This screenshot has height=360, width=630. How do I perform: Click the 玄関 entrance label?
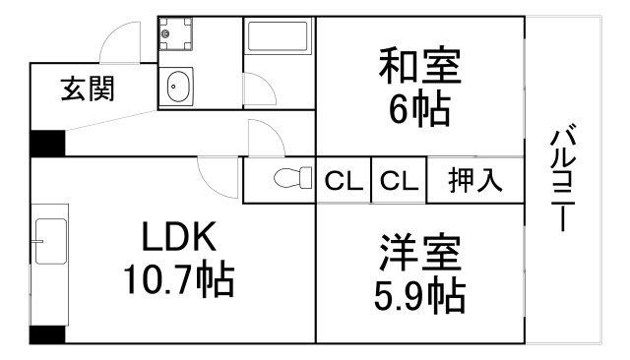[88, 90]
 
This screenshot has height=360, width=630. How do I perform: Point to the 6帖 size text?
[420, 107]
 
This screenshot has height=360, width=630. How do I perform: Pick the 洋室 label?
[420, 254]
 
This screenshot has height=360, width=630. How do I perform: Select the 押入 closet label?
[475, 181]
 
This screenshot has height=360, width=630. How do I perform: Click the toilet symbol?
[284, 178]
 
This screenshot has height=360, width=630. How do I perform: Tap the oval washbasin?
[179, 88]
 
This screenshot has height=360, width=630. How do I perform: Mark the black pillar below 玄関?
[46, 144]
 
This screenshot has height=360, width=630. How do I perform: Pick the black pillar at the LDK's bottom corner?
[46, 334]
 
